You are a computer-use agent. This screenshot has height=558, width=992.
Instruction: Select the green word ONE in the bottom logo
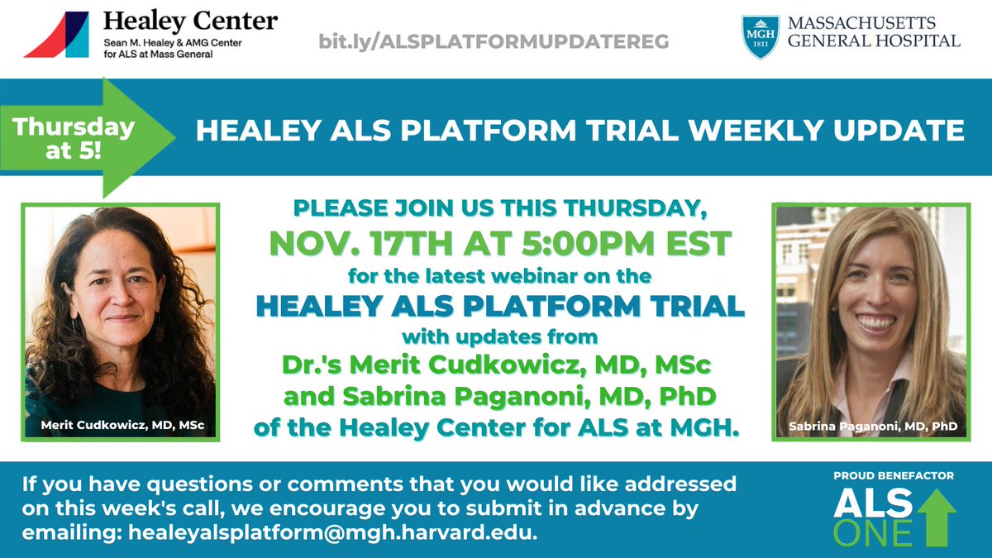tap(871, 533)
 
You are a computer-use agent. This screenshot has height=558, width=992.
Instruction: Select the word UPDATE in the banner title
tap(892, 130)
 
